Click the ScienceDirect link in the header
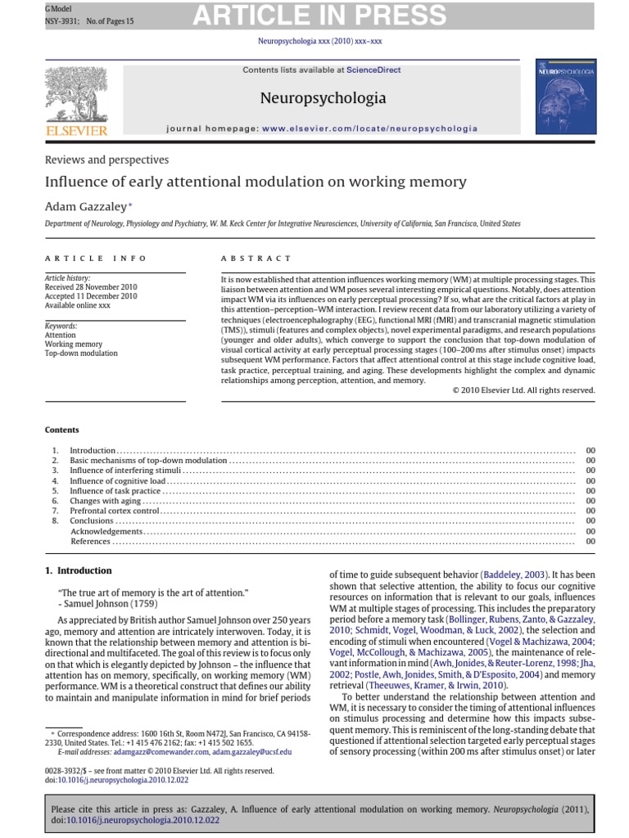click(373, 70)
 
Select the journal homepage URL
click(370, 128)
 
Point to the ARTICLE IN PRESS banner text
click(320, 15)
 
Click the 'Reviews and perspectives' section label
click(106, 160)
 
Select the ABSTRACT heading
click(256, 258)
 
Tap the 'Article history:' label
click(68, 279)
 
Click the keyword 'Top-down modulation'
click(81, 354)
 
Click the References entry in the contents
click(91, 541)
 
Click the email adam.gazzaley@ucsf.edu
click(251, 751)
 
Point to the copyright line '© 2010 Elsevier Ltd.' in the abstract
click(523, 390)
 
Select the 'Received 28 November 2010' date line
click(91, 287)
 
